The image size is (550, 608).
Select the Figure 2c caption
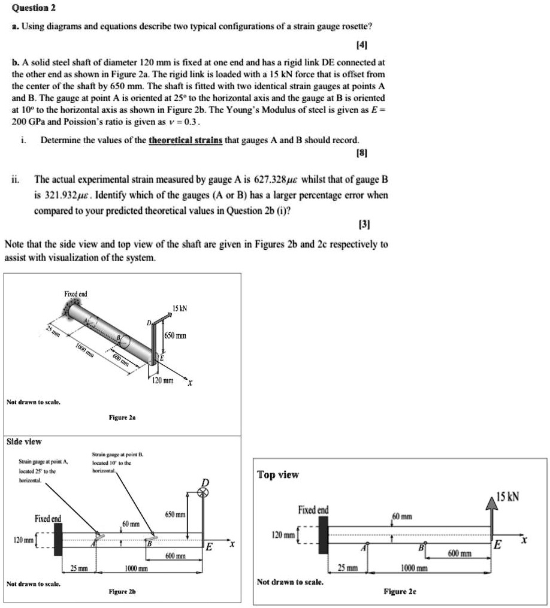click(400, 591)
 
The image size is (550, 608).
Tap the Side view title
click(24, 441)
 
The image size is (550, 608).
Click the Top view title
click(278, 475)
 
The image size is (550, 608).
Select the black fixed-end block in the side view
click(59, 539)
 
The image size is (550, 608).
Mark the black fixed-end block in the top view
click(324, 535)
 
